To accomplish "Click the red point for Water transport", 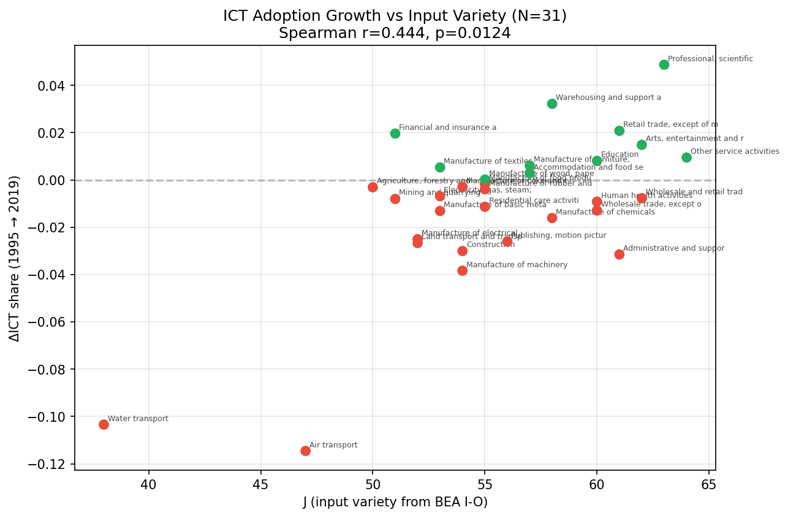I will click(x=104, y=424).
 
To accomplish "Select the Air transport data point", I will click(x=305, y=451).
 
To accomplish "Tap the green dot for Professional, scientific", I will click(x=664, y=64).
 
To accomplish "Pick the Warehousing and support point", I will click(x=551, y=104).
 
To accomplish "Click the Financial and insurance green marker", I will click(x=395, y=133).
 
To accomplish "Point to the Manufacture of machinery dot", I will click(x=462, y=270).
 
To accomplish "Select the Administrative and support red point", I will click(x=619, y=254).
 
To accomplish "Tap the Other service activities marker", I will click(x=686, y=158).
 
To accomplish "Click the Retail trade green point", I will click(x=619, y=131).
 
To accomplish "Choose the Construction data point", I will click(x=462, y=251).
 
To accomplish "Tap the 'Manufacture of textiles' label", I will click(x=488, y=161).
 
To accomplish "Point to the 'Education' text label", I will click(x=619, y=154).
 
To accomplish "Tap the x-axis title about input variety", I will click(x=395, y=502).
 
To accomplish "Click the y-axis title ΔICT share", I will click(x=15, y=258).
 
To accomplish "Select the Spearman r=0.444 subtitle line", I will click(x=395, y=33).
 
